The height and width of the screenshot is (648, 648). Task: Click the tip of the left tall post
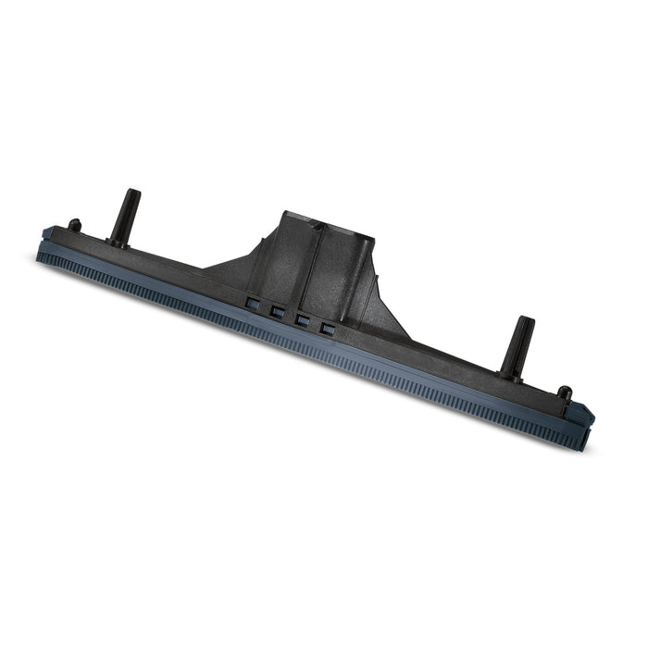point(135,193)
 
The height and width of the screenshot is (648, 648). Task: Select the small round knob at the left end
point(74,224)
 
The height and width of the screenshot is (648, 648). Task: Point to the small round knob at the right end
point(566,393)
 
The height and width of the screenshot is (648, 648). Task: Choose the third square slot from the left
point(301,319)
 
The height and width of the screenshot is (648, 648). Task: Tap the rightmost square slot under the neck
point(325,328)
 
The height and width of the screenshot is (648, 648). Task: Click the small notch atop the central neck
point(316,225)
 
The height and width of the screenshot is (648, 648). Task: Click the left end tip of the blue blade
point(41,252)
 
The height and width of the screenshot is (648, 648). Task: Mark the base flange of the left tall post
point(118,243)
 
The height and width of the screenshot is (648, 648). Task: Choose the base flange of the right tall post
point(510,373)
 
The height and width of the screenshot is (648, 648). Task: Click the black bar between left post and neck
point(176,268)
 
